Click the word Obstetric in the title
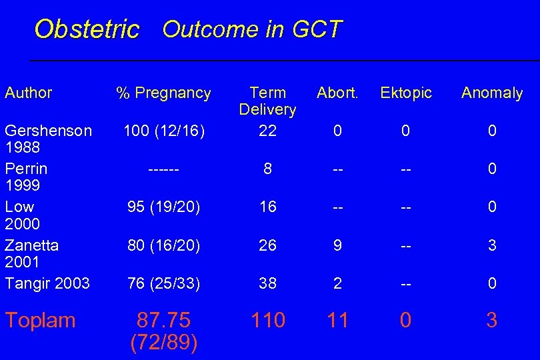tap(87, 29)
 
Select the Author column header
tap(28, 93)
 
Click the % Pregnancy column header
tap(163, 93)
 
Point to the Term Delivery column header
tap(267, 101)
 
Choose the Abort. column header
tap(337, 93)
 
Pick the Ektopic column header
tap(406, 93)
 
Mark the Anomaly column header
tap(492, 93)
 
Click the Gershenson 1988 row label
tap(48, 139)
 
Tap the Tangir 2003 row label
tap(47, 283)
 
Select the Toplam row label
tap(40, 320)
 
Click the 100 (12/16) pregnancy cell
tap(163, 131)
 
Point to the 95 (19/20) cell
tap(163, 207)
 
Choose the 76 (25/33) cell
tap(163, 283)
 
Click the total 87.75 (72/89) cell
tap(163, 331)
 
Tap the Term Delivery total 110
tap(267, 320)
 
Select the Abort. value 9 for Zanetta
tap(337, 245)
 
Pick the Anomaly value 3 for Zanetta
tap(492, 245)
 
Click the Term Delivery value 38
tap(267, 283)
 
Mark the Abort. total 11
tap(337, 320)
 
